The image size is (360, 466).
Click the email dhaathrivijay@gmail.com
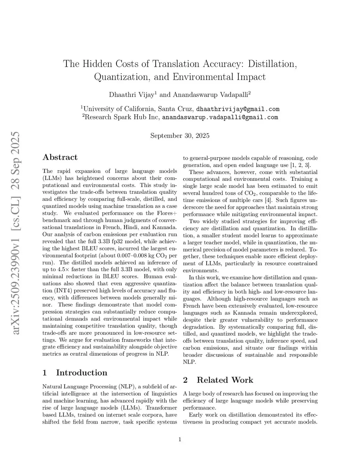point(238,109)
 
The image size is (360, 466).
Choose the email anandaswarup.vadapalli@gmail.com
point(220,117)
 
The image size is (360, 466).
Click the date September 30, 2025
point(180,136)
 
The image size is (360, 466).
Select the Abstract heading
point(60,157)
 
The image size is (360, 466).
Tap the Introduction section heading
point(81,373)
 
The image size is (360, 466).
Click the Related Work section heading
point(225,380)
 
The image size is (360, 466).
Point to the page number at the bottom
point(180,439)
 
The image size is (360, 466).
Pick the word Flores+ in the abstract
point(167,213)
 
